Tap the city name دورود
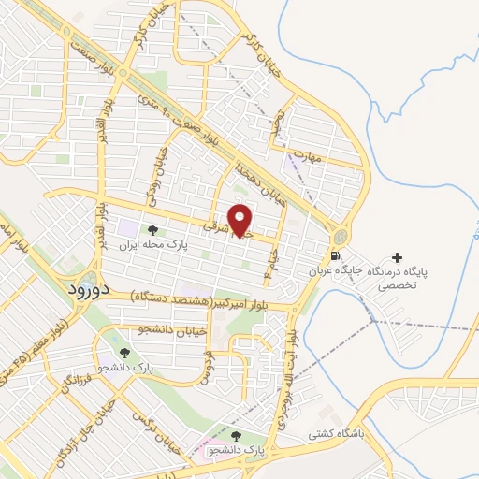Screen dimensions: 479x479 (x=89, y=289)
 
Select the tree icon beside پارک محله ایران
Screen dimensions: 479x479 (x=152, y=230)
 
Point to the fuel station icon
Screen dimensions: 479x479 (x=333, y=254)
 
